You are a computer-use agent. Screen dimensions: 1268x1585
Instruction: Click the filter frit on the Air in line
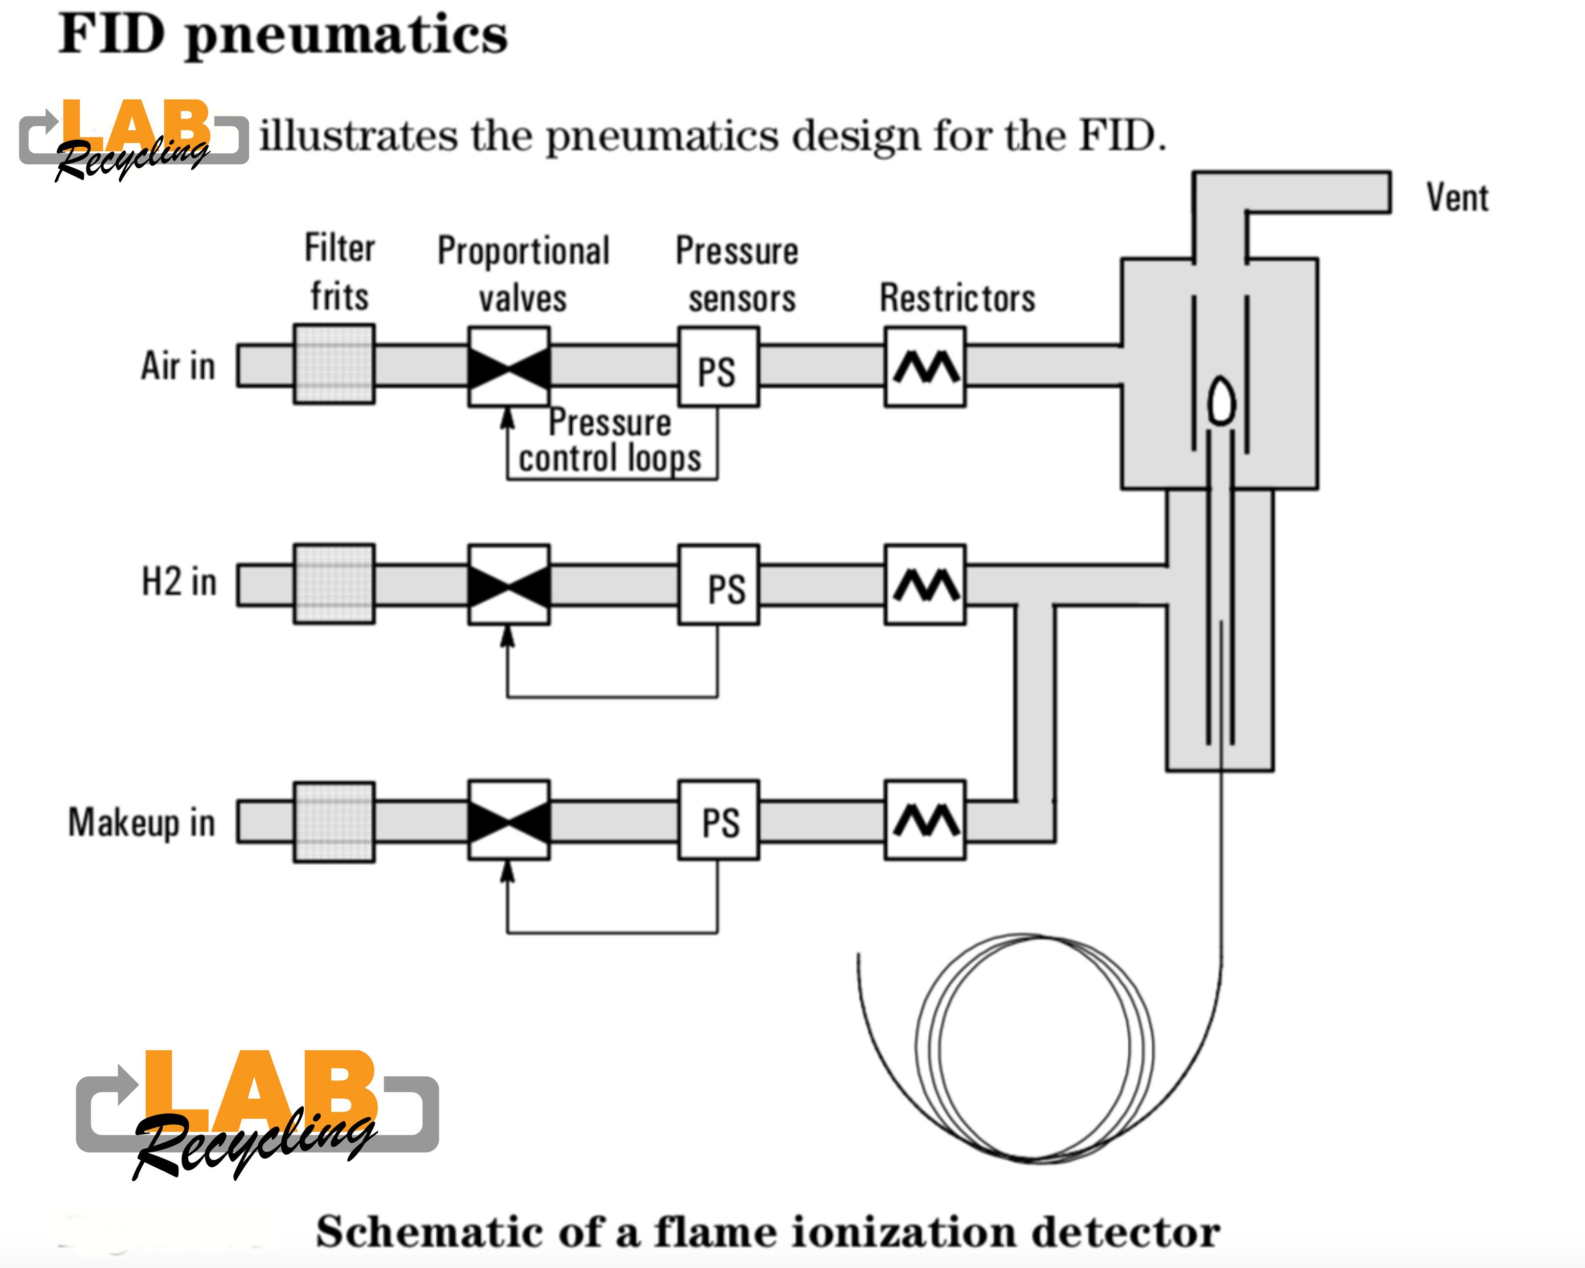pyautogui.click(x=334, y=364)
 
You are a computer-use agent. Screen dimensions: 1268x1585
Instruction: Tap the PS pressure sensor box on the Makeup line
pyautogui.click(x=718, y=820)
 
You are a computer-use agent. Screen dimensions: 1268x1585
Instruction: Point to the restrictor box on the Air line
pyautogui.click(x=925, y=367)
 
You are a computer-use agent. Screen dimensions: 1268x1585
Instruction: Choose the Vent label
pyautogui.click(x=1457, y=198)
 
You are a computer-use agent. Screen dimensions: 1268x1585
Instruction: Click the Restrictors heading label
pyautogui.click(x=957, y=299)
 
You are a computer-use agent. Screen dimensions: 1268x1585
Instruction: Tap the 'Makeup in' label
pyautogui.click(x=142, y=823)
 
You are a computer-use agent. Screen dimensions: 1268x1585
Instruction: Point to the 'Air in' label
pyautogui.click(x=178, y=366)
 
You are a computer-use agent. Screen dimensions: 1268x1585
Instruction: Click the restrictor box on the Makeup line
pyautogui.click(x=925, y=820)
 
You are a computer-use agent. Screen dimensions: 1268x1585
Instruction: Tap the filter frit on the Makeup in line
pyautogui.click(x=334, y=822)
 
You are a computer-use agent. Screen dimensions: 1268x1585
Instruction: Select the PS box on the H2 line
pyautogui.click(x=718, y=585)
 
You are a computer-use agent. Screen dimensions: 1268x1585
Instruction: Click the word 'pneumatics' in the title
pyautogui.click(x=346, y=35)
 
